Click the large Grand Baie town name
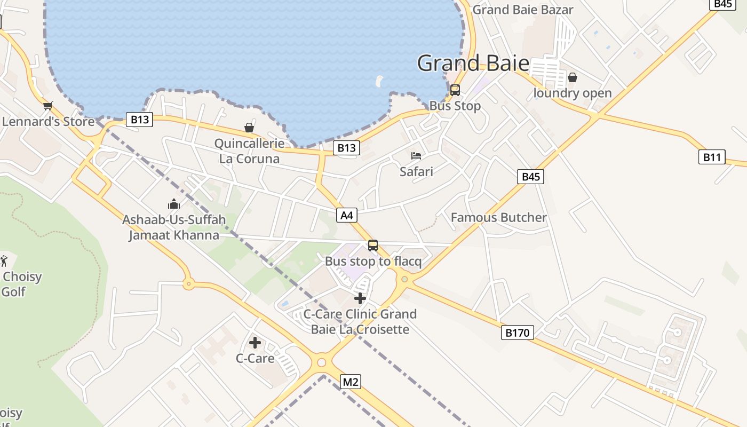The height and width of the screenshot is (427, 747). (473, 63)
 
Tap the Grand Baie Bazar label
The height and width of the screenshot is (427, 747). (523, 10)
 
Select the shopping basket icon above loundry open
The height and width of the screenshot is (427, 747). (573, 78)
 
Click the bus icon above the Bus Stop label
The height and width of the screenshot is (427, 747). (455, 90)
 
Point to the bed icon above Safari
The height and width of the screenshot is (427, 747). (416, 156)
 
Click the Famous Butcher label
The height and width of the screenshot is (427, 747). (498, 217)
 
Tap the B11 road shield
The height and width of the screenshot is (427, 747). (712, 157)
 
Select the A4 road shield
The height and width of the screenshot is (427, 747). (347, 215)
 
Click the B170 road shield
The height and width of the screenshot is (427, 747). (517, 333)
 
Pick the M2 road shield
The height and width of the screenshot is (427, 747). (350, 382)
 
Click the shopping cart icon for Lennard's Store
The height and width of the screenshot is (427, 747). (48, 106)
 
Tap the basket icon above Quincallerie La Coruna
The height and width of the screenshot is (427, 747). (249, 128)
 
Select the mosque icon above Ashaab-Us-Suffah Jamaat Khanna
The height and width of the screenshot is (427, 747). (174, 204)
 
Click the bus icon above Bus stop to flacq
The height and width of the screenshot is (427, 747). (373, 246)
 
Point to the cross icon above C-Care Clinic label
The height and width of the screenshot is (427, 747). (360, 298)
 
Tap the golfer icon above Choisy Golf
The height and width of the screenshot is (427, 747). (4, 261)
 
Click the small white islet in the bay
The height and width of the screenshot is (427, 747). (379, 81)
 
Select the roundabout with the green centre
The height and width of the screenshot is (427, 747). (404, 279)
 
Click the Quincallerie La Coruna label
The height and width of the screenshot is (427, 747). (249, 151)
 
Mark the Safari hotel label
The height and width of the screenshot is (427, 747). (416, 171)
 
